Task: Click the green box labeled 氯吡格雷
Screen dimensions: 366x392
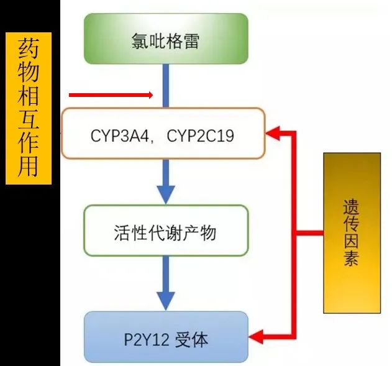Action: [165, 39]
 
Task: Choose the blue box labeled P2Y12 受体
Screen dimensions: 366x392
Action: [165, 339]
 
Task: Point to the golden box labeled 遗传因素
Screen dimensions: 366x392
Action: [352, 233]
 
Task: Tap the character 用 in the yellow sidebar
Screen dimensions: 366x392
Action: [29, 167]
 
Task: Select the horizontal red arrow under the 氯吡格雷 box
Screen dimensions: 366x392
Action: [111, 95]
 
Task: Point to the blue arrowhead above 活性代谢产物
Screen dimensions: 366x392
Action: [165, 193]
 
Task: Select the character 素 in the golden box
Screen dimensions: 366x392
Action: [352, 260]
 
